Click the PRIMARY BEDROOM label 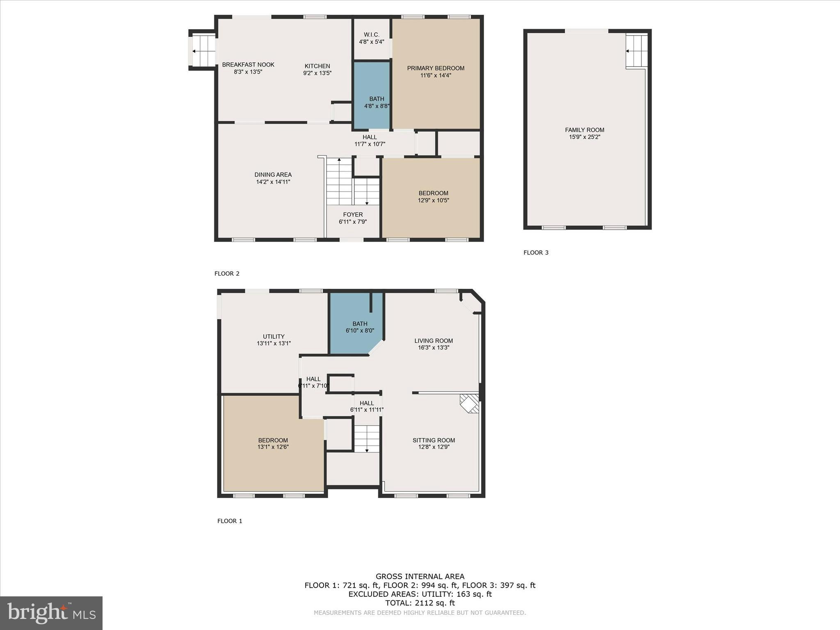(436, 68)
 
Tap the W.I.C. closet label (372, 35)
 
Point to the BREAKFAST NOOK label (248, 65)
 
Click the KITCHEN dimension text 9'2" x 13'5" (317, 73)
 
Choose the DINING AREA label (273, 175)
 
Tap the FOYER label (353, 215)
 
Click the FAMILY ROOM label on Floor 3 (584, 130)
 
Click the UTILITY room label (274, 336)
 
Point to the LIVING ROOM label (434, 340)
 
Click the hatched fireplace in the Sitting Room (469, 403)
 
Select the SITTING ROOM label (434, 440)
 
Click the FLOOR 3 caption (536, 253)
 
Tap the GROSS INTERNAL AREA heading (420, 576)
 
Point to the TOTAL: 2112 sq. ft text (420, 603)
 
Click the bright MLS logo (51, 613)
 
